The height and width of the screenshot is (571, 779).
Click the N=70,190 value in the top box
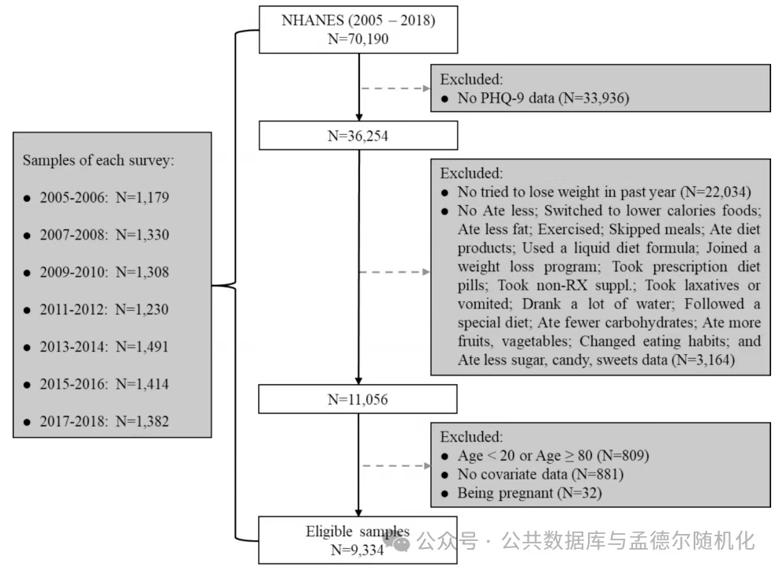(x=358, y=39)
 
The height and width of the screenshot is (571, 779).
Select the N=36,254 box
(x=358, y=136)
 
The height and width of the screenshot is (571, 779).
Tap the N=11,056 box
(x=358, y=399)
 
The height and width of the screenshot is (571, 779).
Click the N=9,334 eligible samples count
(x=358, y=550)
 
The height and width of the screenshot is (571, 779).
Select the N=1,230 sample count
(x=142, y=309)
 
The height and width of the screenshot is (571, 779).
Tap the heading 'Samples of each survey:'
(x=99, y=160)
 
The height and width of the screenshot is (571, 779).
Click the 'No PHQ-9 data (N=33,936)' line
(x=544, y=98)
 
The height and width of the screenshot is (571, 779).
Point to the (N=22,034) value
(x=715, y=192)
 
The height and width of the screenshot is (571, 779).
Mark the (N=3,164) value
(x=703, y=360)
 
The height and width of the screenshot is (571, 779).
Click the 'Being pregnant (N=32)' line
(x=530, y=493)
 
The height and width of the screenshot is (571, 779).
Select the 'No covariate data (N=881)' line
(x=541, y=474)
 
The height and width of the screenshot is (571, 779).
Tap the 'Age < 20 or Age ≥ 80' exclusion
(x=525, y=455)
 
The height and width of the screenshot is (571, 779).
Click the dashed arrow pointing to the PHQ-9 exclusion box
(x=395, y=88)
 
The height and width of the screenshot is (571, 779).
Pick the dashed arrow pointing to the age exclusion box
(x=396, y=466)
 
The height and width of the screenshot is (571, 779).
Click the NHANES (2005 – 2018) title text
(x=358, y=21)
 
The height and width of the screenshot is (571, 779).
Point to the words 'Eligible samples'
(x=358, y=532)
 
